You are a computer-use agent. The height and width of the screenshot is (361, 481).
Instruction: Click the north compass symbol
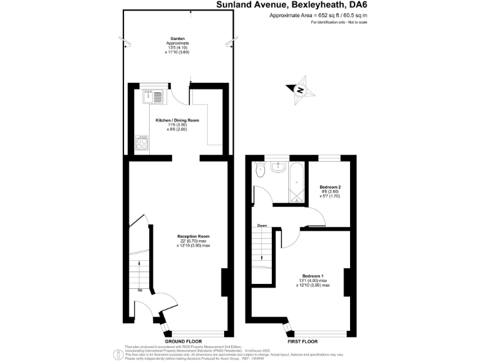point(300,90)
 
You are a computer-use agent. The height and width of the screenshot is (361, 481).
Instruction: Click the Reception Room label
point(193,236)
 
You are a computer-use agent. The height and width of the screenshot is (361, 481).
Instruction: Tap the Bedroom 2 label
point(330,187)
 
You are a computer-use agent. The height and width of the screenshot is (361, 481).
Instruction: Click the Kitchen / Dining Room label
point(177,120)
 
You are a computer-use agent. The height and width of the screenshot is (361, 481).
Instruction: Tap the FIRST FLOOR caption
point(303,342)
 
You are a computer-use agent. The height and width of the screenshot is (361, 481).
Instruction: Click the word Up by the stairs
point(140,290)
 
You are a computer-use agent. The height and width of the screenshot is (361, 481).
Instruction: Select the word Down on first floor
point(262,226)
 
